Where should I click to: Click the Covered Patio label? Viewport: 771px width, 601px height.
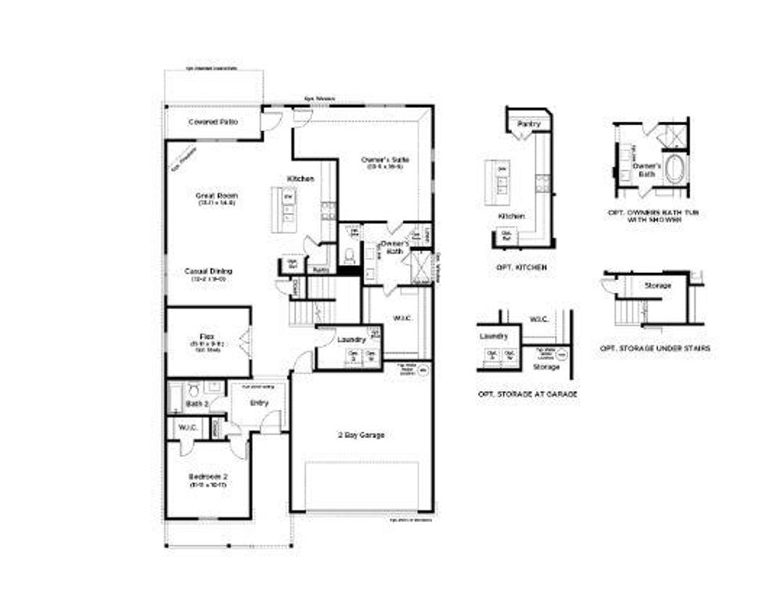(x=213, y=122)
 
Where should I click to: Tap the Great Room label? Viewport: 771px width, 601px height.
(x=217, y=195)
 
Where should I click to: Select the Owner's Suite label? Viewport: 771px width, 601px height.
(x=385, y=160)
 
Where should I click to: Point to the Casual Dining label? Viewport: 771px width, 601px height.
(x=208, y=271)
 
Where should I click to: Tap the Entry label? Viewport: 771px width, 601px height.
(x=259, y=402)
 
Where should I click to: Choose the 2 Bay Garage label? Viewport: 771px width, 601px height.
(x=361, y=434)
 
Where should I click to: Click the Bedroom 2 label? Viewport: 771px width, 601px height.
(x=207, y=477)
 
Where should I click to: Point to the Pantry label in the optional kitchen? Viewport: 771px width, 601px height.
(x=529, y=124)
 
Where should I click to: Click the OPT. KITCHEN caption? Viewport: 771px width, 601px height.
(x=521, y=268)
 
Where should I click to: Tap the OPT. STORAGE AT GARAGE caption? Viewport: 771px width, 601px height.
(x=527, y=394)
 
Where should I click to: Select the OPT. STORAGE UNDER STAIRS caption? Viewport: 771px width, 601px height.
(x=654, y=347)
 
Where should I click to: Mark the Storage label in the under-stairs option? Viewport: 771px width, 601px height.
(x=658, y=286)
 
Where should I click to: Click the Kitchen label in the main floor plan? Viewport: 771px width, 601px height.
(x=301, y=179)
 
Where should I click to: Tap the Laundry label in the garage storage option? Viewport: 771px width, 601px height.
(x=494, y=336)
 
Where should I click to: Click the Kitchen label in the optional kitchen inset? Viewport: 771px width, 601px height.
(x=512, y=216)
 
